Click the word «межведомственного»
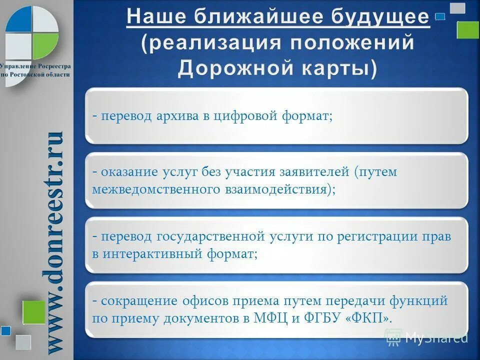click(x=156, y=189)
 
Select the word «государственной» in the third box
click(x=213, y=237)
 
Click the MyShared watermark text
click(x=436, y=337)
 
